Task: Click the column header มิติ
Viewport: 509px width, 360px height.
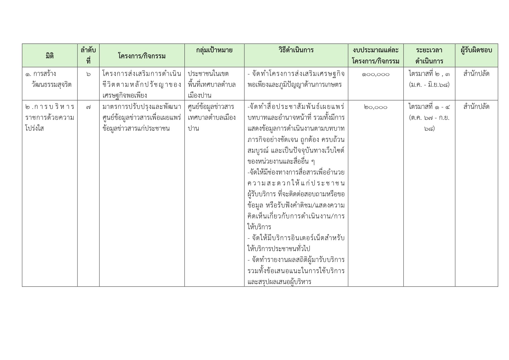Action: tap(50, 56)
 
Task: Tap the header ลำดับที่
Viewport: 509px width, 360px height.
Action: tap(88, 56)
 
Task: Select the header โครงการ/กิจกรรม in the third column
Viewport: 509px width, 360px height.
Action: tap(142, 56)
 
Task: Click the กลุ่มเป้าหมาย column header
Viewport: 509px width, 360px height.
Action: tap(214, 50)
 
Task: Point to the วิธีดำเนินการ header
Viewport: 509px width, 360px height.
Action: tap(296, 50)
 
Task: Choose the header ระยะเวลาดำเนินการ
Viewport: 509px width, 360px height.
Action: tap(429, 56)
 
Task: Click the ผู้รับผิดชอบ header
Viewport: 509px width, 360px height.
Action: tap(476, 50)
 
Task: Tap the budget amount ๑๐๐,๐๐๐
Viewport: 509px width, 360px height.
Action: tap(376, 74)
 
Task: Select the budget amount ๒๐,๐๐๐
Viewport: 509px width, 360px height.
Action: tap(376, 107)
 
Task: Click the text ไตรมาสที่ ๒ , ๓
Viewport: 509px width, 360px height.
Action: tap(429, 74)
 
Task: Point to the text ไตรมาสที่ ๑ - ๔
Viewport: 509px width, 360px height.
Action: tap(429, 107)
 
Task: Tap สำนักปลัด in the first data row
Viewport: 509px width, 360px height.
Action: tap(476, 74)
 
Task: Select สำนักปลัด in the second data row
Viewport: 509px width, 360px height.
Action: tap(476, 107)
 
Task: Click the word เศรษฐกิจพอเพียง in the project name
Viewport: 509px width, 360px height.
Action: tap(125, 96)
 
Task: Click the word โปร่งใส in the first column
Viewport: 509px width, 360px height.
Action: tap(34, 129)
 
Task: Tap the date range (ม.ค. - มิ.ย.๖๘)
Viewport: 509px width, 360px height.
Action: tap(429, 85)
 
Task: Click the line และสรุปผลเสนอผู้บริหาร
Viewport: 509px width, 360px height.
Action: tap(279, 282)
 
